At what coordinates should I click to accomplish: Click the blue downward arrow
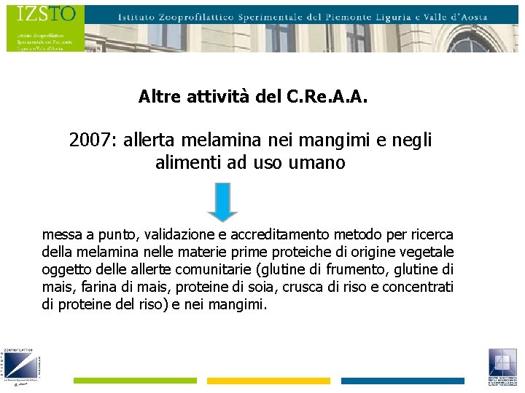click(x=222, y=202)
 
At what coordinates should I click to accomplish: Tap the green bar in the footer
click(x=135, y=381)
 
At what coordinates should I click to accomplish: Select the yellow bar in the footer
click(x=268, y=381)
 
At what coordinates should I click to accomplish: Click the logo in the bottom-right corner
click(x=503, y=367)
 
